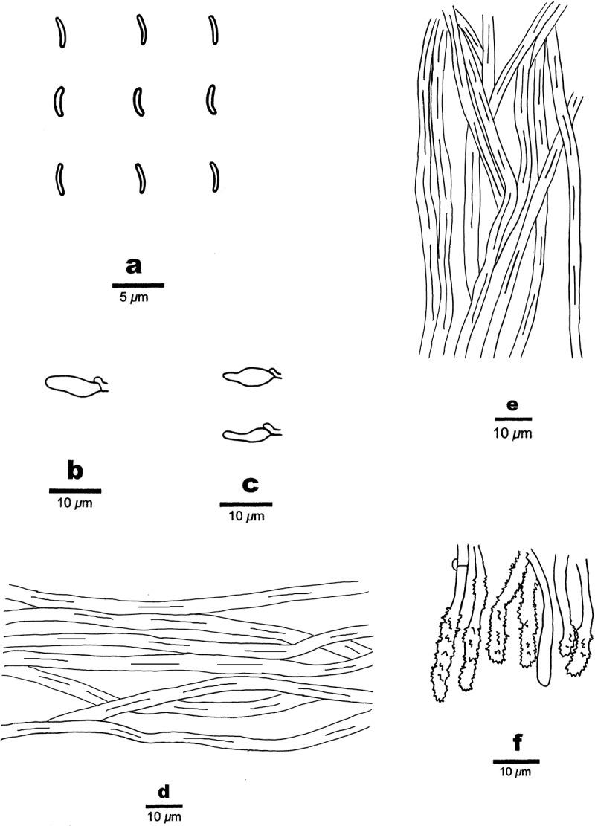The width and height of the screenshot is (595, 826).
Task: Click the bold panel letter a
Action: pos(135,266)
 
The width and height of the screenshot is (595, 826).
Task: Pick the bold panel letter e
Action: pos(512,405)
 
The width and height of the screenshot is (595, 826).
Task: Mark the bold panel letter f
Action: pos(518,743)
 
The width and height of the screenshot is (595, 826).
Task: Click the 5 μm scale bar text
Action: pos(134,298)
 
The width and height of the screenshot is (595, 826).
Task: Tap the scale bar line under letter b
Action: pos(75,491)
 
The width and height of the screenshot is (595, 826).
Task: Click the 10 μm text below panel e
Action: pos(513,433)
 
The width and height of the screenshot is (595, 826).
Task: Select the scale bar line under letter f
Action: pos(516,761)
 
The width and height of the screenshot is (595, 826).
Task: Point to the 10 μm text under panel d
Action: pos(164,817)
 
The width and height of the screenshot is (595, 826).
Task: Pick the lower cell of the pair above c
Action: pos(252,433)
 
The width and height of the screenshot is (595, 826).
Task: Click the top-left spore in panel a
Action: pos(60,33)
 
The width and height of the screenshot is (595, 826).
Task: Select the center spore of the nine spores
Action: pos(138,100)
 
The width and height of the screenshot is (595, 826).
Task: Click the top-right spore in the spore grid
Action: pos(213,30)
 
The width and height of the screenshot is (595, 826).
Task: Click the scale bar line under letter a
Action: pos(138,285)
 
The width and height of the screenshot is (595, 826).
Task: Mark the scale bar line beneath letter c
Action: pos(246,504)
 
